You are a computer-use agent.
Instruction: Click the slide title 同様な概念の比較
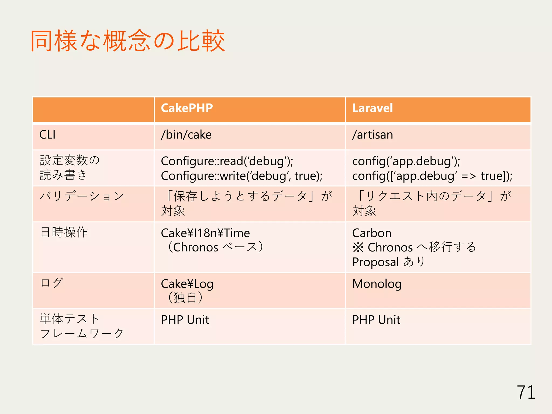tap(127, 41)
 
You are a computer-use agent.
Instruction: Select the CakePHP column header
tap(187, 108)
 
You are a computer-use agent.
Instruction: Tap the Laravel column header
tap(372, 108)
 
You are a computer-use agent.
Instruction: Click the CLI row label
tap(47, 135)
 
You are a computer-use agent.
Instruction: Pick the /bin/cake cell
tap(186, 135)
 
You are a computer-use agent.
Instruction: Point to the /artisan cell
tap(372, 135)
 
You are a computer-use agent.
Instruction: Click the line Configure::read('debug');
tap(227, 161)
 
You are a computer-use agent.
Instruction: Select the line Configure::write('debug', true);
tap(241, 176)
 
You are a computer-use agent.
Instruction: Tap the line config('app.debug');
tap(406, 161)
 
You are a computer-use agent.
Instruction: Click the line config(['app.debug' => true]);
tap(432, 176)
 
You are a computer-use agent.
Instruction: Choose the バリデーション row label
tap(82, 196)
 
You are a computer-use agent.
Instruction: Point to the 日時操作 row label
tap(64, 232)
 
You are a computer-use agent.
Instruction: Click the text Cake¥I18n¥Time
tap(205, 233)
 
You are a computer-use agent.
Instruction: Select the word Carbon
tap(372, 233)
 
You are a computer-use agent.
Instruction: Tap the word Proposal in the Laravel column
tap(375, 262)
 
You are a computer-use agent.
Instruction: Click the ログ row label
tap(52, 283)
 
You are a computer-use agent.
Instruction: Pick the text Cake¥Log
tap(187, 284)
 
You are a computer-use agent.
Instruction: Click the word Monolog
tap(377, 284)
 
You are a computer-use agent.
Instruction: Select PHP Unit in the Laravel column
tap(376, 320)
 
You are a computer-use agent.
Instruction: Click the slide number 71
tap(526, 392)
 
